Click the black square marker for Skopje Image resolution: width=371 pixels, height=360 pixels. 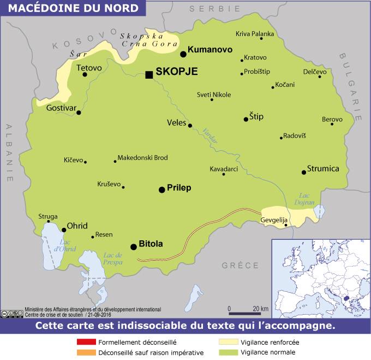click(149, 75)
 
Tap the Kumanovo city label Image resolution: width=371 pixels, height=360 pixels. click(210, 50)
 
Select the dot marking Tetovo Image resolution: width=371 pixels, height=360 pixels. click(85, 74)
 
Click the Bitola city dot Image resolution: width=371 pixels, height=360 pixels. click(134, 247)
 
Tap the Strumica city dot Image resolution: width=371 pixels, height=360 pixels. click(304, 172)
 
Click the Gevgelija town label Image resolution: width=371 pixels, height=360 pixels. click(274, 220)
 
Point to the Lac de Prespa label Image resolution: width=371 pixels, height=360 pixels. click(112, 258)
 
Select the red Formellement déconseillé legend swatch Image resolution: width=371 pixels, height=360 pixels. click(86, 343)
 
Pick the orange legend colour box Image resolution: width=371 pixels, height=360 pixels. click(86, 352)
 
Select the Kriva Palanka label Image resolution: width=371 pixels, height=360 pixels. click(255, 34)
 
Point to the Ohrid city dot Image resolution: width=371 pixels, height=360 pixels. click(64, 230)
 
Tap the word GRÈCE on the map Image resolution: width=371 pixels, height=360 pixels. click(240, 265)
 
